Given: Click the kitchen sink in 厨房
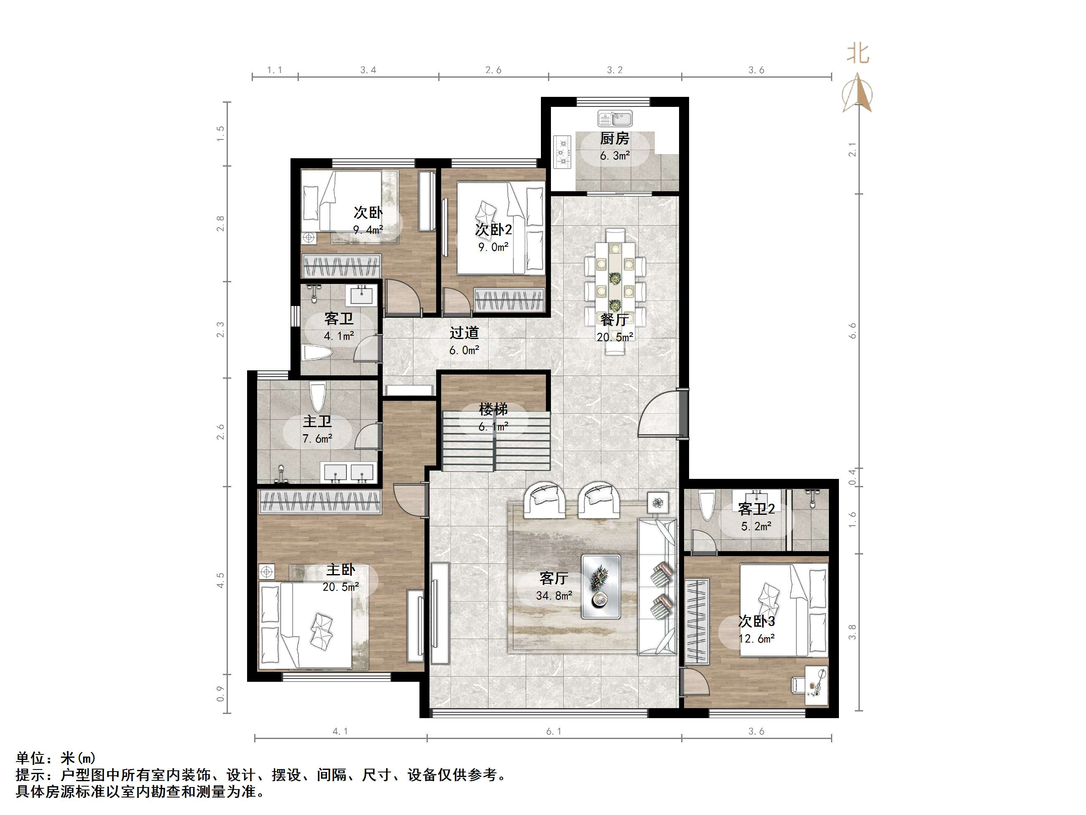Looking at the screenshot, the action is (615, 119).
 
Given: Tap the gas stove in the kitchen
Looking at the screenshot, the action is (563, 152).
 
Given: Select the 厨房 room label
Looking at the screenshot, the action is (614, 139).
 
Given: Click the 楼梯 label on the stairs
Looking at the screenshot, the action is (493, 409).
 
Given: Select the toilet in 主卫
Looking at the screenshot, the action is (318, 397).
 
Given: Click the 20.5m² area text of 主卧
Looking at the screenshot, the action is (341, 587).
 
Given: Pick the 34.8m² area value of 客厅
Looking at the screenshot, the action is (554, 595).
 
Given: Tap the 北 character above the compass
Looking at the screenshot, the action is (858, 53).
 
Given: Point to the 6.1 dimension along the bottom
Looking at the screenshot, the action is (554, 731).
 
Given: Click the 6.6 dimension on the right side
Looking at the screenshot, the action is (852, 330).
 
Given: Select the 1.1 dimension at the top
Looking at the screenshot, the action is (275, 70).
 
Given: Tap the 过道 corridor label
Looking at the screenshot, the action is (464, 333).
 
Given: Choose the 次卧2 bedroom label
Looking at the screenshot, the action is (493, 229).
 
